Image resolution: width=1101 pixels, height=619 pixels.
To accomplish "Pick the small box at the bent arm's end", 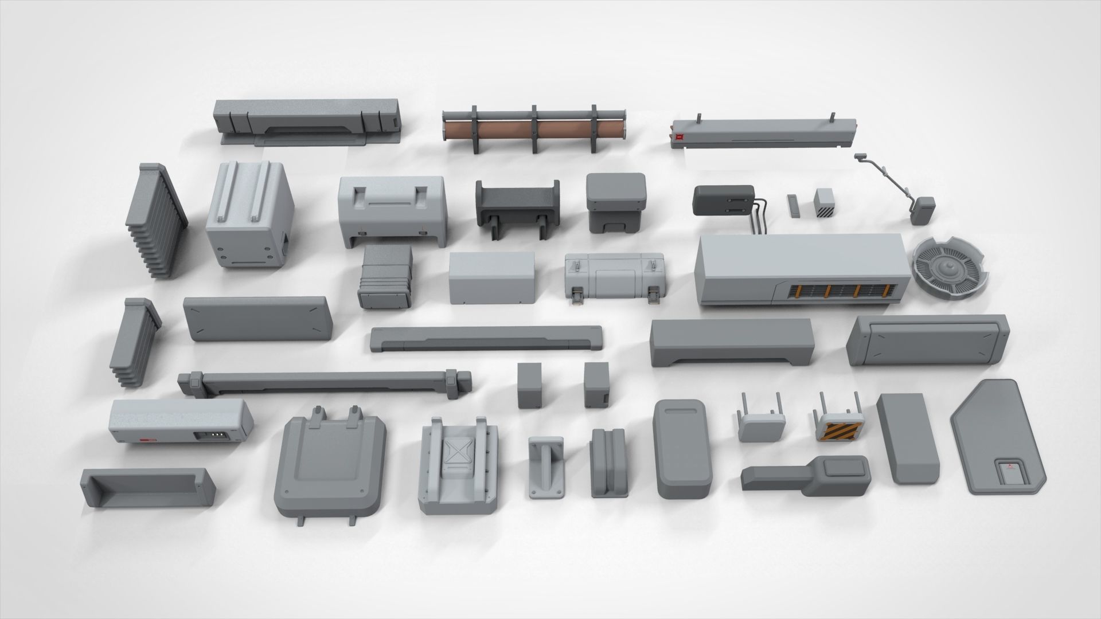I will tap(923, 210).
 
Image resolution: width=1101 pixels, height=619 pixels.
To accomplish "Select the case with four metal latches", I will tap(615, 277).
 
